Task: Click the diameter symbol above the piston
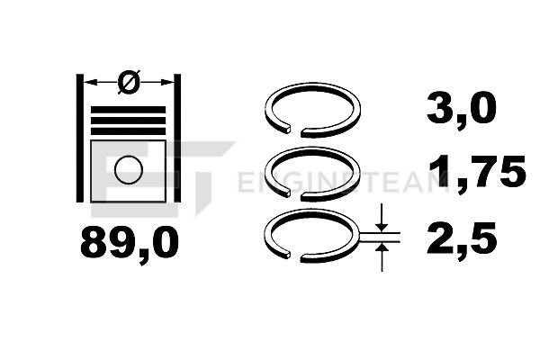click(x=129, y=82)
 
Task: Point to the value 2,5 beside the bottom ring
click(x=462, y=238)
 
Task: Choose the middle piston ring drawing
click(x=358, y=172)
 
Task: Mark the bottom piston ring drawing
click(x=358, y=235)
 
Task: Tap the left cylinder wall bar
click(x=80, y=138)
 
